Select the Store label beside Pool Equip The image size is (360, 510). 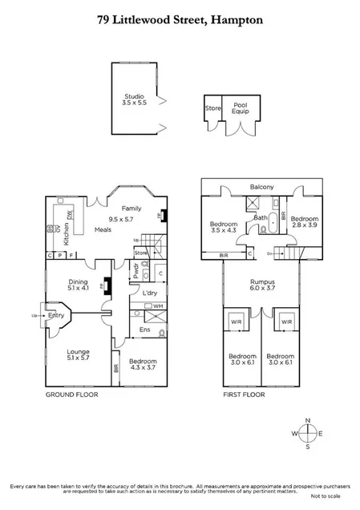[212, 107]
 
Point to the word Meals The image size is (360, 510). [103, 229]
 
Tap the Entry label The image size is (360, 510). [56, 315]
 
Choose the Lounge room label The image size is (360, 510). [78, 352]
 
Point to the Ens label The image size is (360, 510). [144, 330]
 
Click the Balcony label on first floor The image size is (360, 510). [261, 187]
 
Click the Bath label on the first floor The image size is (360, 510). [261, 217]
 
